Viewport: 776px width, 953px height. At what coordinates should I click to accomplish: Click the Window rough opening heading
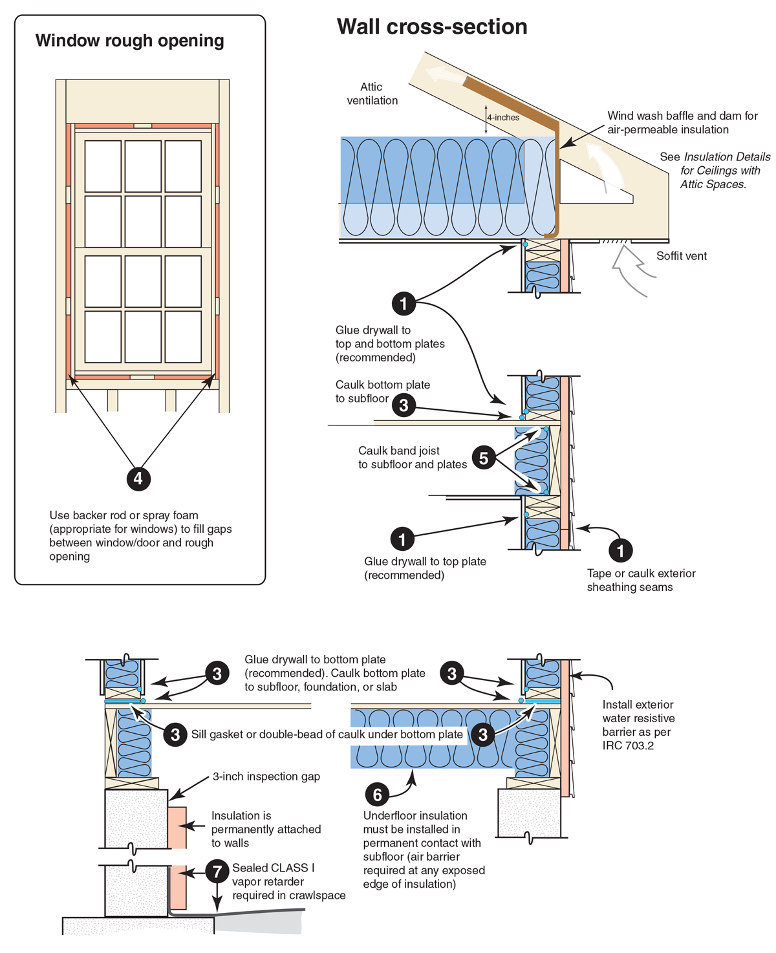tap(129, 41)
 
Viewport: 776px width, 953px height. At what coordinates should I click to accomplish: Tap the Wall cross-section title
tap(432, 27)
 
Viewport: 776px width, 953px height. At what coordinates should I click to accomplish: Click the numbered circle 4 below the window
tap(138, 478)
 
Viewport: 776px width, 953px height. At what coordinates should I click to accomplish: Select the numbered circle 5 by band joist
tap(484, 458)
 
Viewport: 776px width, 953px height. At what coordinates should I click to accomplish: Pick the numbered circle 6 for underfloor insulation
tap(377, 794)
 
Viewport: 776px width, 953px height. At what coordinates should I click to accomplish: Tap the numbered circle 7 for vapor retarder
tap(217, 872)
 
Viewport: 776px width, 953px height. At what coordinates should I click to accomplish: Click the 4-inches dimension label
tap(503, 118)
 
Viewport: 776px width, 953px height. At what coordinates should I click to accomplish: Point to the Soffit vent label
tap(682, 256)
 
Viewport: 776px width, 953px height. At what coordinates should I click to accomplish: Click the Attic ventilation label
tap(372, 94)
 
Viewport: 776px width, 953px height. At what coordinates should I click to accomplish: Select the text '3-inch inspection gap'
tap(266, 776)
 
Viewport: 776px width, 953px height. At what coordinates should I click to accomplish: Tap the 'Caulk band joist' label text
tap(399, 451)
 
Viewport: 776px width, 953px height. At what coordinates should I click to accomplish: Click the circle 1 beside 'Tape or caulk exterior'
tap(621, 550)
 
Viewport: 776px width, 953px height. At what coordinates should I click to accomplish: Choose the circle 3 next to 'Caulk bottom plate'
tap(404, 405)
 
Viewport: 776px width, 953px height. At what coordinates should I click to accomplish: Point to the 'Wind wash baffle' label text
tap(682, 116)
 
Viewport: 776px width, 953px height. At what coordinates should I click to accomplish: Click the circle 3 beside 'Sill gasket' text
tap(175, 734)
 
